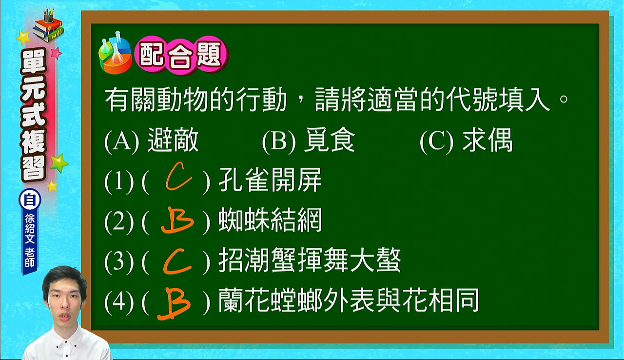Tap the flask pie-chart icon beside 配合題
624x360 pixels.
pos(116,53)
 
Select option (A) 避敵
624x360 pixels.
pos(152,140)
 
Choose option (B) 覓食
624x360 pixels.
pos(309,140)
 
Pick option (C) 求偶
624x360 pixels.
pos(466,140)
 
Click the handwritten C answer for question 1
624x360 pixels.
pos(178,177)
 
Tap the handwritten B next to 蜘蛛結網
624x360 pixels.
pos(177,220)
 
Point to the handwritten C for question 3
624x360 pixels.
pos(177,261)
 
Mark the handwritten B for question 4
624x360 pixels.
pos(175,303)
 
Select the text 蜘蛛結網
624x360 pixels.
pos(271,220)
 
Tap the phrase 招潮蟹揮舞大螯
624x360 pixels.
pos(310,260)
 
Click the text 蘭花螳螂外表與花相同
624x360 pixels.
pos(349,300)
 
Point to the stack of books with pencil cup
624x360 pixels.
pos(48,25)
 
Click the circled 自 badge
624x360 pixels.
pos(30,200)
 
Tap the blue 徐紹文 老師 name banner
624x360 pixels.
pos(30,241)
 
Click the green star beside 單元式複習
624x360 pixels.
pos(59,163)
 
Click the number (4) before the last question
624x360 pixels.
pos(118,301)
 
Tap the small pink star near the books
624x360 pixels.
pos(57,53)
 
